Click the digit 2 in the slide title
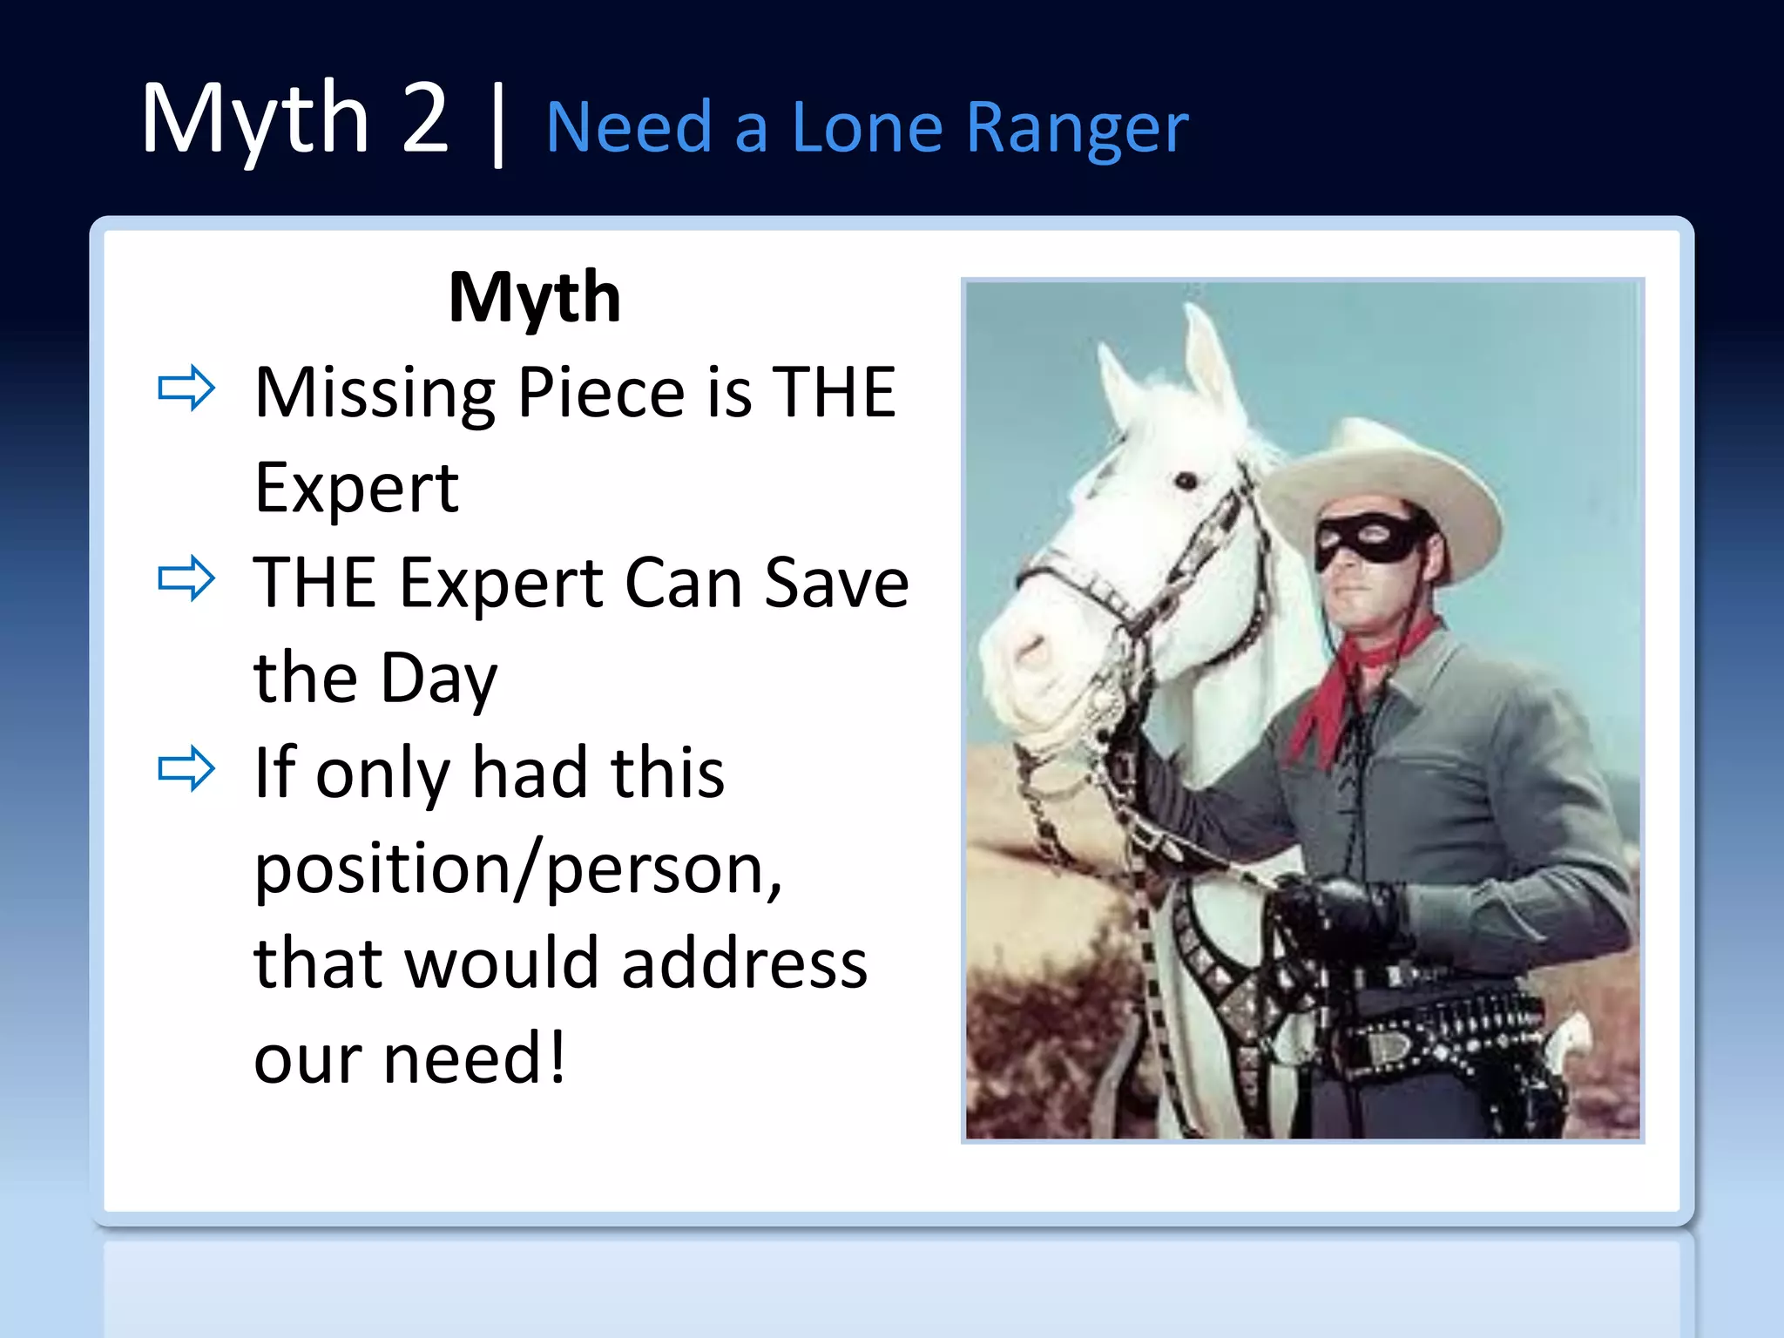(x=425, y=118)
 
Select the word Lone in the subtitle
(x=866, y=127)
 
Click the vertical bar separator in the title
(x=498, y=124)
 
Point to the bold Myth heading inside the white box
(x=534, y=298)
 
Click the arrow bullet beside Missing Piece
(x=186, y=389)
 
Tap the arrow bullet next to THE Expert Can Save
(x=186, y=578)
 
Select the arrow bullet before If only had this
(x=186, y=768)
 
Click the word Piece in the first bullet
(x=601, y=394)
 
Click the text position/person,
(x=518, y=869)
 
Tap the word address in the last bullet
(x=745, y=963)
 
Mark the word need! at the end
(x=475, y=1058)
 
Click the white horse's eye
(x=1186, y=480)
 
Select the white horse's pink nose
(x=1028, y=653)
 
